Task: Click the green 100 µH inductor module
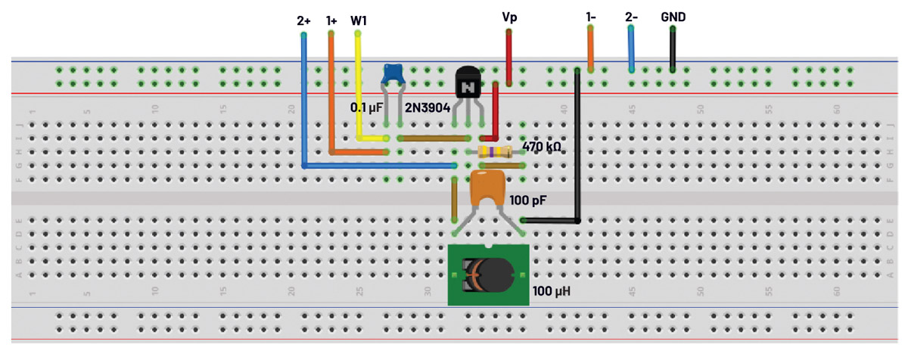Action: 487,275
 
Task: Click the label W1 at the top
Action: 359,20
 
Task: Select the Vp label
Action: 510,16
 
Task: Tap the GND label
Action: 673,16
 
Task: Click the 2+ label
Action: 303,20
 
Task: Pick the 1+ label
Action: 331,20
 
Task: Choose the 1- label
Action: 590,16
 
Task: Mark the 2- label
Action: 632,16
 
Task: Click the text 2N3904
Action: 428,108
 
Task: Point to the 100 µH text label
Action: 552,290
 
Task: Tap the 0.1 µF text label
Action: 368,108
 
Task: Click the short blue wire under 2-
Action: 631,48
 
